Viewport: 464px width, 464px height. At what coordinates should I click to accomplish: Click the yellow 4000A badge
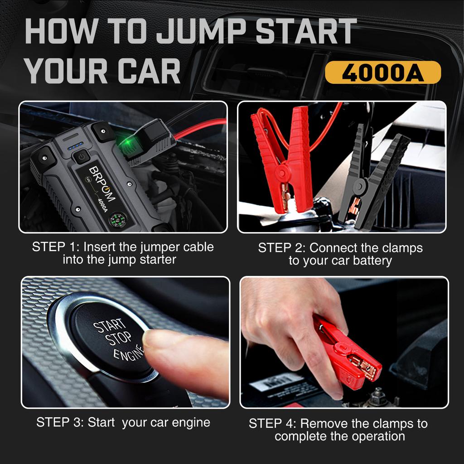coord(383,73)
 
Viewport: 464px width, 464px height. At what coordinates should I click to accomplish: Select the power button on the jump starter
coord(81,157)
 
